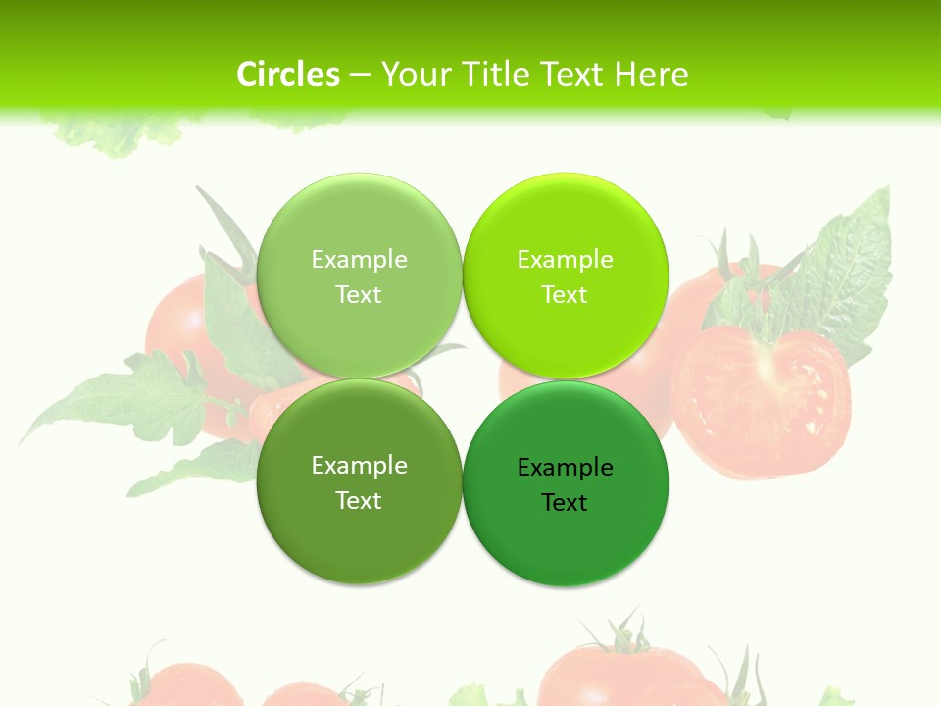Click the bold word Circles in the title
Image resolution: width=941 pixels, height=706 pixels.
point(288,75)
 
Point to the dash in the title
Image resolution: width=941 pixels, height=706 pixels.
point(360,75)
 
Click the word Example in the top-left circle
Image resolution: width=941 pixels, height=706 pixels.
point(359,259)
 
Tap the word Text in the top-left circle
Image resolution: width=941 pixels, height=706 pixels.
point(359,294)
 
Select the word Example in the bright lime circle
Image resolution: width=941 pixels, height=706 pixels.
point(565,259)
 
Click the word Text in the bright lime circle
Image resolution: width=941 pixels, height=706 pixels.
point(565,294)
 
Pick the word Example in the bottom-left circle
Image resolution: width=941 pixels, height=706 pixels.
point(359,465)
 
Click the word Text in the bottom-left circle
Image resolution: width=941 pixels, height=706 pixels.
point(359,500)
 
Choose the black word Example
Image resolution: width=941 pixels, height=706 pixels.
point(565,467)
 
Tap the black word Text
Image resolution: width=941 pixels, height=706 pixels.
point(565,502)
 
